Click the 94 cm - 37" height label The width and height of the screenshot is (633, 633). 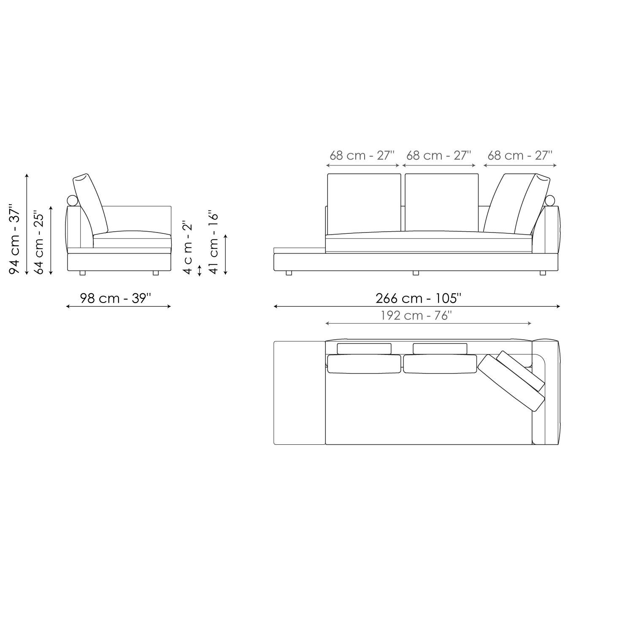tap(15, 239)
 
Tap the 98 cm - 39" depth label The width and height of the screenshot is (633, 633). tap(116, 298)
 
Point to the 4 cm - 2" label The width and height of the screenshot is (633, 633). tap(188, 247)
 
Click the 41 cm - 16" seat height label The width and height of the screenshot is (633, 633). tap(214, 243)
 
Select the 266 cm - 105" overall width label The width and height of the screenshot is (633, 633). tap(418, 298)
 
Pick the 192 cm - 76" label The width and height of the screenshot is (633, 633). tap(416, 315)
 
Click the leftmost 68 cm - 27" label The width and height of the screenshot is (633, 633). tap(362, 155)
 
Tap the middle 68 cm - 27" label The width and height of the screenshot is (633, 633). tap(438, 155)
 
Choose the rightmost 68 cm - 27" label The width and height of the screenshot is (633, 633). tap(519, 155)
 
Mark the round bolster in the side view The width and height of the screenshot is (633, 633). tap(73, 200)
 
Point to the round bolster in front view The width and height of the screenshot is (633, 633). tap(550, 200)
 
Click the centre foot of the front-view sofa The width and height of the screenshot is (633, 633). tap(416, 273)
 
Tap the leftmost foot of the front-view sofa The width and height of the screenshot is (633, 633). tap(289, 273)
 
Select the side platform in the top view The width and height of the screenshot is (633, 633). tap(299, 392)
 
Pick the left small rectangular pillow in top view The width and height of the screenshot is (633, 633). tap(364, 349)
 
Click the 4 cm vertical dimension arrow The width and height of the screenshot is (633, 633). tap(200, 270)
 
